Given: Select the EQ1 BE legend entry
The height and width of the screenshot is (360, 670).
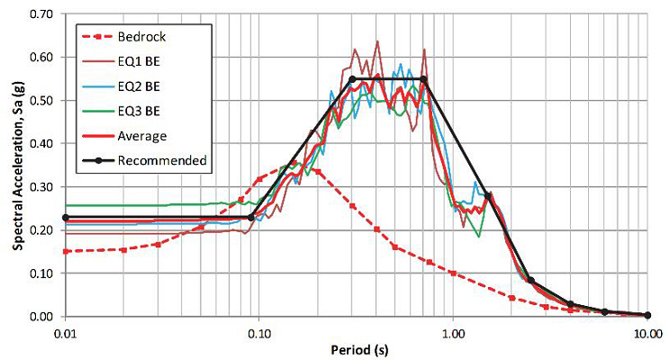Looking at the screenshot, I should [137, 61].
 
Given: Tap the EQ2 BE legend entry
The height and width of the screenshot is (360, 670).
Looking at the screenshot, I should [137, 86].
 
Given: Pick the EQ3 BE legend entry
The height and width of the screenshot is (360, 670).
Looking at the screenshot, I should [137, 111].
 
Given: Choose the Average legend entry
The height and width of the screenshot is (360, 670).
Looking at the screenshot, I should [141, 136].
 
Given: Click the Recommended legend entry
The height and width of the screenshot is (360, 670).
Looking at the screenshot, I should [155, 161].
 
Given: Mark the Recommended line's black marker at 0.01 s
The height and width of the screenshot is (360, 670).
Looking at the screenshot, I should [65, 218].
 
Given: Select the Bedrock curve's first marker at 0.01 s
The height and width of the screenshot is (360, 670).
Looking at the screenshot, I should [65, 251].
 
